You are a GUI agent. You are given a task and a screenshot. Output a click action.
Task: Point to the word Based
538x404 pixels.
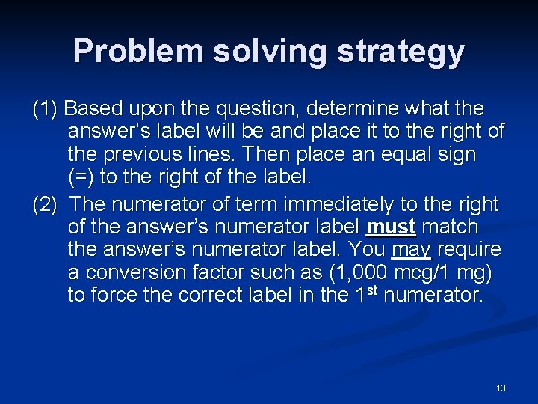(x=92, y=109)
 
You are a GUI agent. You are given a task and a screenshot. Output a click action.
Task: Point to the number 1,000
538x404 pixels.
(x=366, y=272)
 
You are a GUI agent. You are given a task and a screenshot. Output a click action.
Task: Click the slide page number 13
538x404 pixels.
(x=501, y=388)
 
